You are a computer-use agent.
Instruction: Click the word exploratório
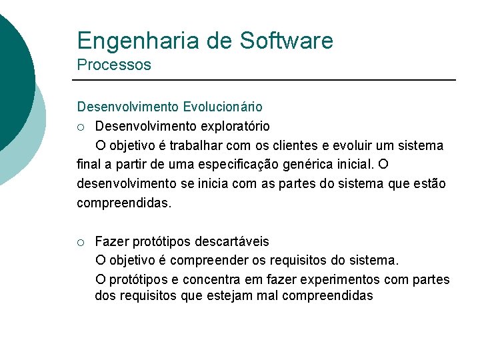(231, 126)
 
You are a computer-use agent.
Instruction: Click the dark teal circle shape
(10, 73)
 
